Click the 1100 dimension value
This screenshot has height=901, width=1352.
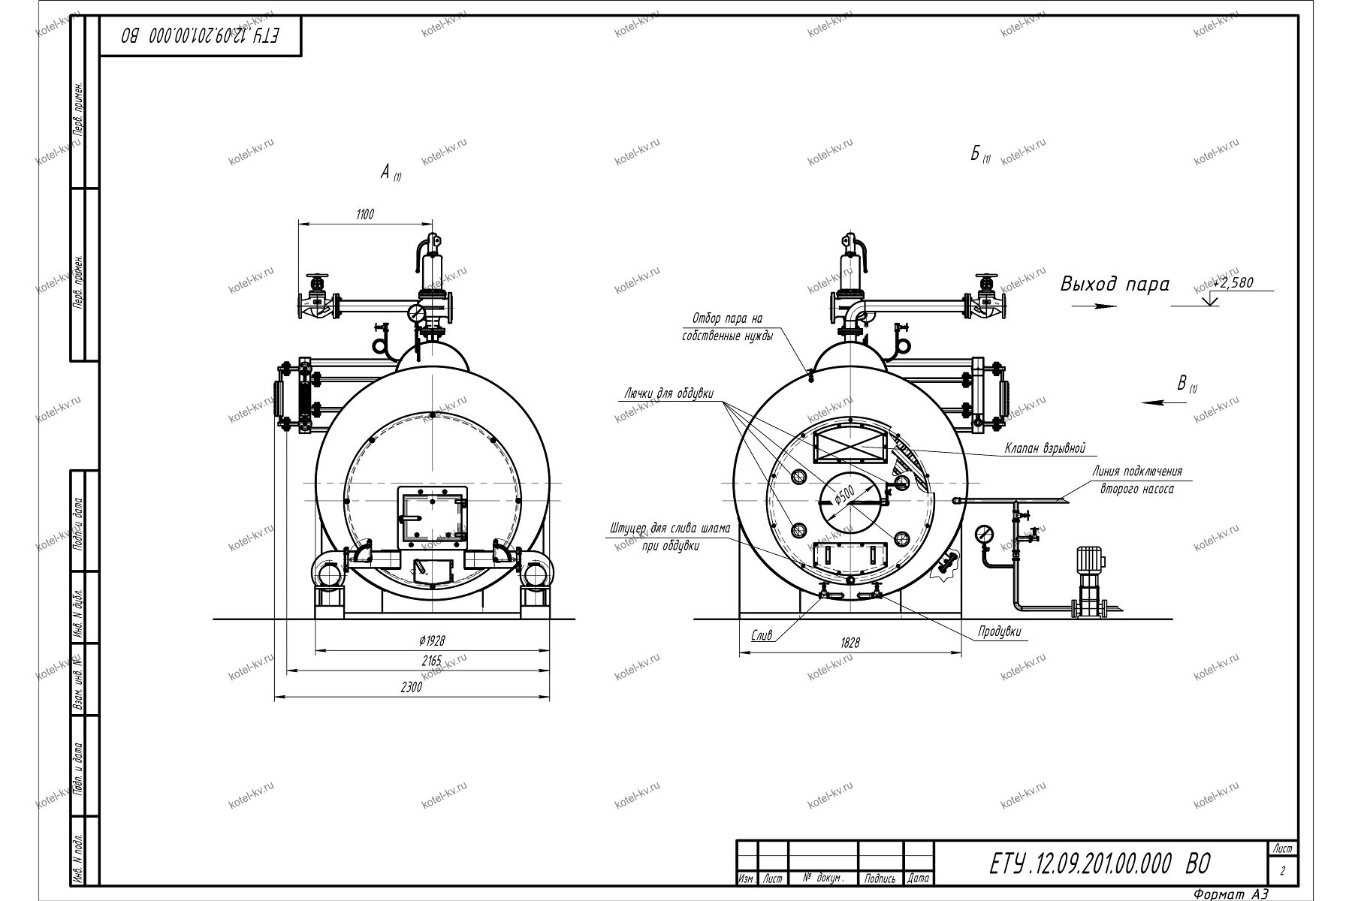364,215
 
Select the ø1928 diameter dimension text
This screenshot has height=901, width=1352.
432,640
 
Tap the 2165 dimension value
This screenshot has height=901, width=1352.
432,661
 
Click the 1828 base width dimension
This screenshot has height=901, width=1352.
850,643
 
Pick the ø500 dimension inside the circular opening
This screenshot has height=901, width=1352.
846,496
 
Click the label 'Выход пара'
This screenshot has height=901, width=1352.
1115,285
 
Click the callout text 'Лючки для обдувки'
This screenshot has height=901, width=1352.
668,393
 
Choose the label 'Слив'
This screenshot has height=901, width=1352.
762,635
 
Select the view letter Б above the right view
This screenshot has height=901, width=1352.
975,154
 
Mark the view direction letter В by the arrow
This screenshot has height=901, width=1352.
1181,384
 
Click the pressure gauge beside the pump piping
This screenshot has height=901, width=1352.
982,535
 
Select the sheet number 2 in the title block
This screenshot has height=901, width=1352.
1282,872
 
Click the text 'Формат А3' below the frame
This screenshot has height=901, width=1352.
1230,893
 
